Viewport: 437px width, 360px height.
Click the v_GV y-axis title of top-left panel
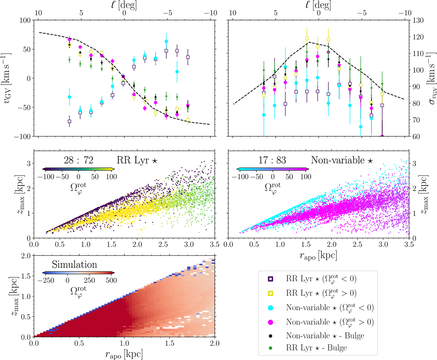[8, 78]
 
